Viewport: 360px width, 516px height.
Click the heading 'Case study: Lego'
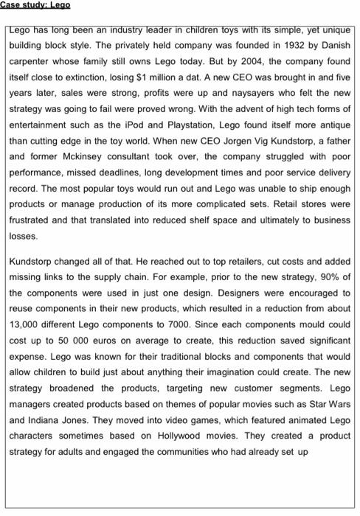pyautogui.click(x=35, y=4)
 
